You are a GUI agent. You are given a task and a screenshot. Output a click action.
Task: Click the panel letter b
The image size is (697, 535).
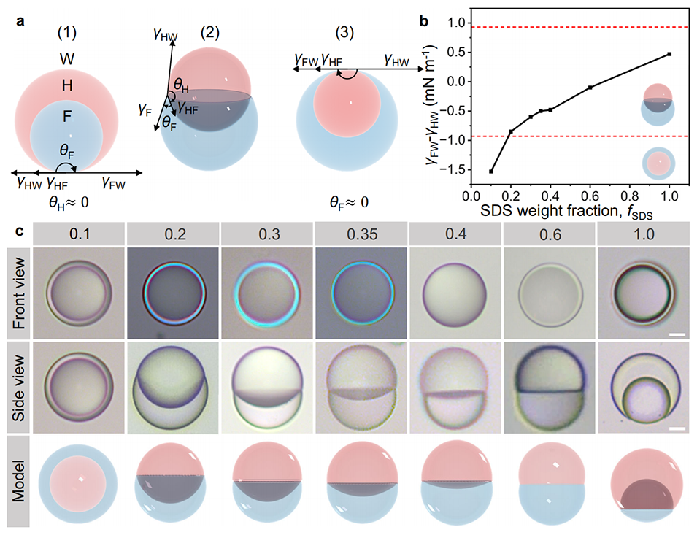click(424, 21)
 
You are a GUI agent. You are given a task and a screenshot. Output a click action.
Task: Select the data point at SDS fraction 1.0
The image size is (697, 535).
click(669, 54)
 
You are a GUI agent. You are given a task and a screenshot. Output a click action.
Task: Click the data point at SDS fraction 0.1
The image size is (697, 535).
click(490, 172)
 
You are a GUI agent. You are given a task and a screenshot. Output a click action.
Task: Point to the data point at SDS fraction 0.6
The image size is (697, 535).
click(590, 88)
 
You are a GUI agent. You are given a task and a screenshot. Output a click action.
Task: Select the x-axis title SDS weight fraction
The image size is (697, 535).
click(550, 210)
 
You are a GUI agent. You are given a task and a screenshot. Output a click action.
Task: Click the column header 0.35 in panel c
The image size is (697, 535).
click(362, 234)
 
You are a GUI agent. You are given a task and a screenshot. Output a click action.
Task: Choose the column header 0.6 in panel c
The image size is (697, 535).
click(550, 234)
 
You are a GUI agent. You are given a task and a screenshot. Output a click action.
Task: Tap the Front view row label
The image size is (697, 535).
click(19, 293)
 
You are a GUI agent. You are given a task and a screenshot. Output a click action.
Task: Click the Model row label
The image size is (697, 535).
click(19, 481)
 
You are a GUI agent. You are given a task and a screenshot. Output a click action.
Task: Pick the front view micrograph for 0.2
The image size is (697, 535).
click(174, 293)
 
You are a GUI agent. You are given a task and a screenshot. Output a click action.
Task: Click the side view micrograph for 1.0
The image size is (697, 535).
click(644, 388)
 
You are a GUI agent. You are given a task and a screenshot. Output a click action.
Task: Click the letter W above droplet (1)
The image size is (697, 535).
click(67, 58)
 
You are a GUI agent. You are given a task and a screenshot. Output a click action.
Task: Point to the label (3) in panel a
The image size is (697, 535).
click(344, 32)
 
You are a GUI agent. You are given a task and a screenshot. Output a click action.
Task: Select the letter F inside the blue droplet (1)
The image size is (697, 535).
click(67, 117)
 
